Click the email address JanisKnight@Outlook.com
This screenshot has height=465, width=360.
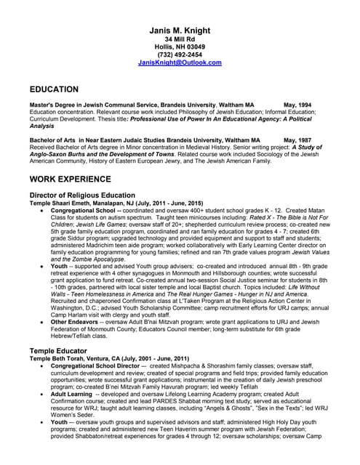point(180,62)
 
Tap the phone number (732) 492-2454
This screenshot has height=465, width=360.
point(180,54)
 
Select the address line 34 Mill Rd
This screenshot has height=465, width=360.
point(180,38)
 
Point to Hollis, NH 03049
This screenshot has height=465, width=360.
point(180,46)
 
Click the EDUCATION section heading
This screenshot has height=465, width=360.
point(54,89)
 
